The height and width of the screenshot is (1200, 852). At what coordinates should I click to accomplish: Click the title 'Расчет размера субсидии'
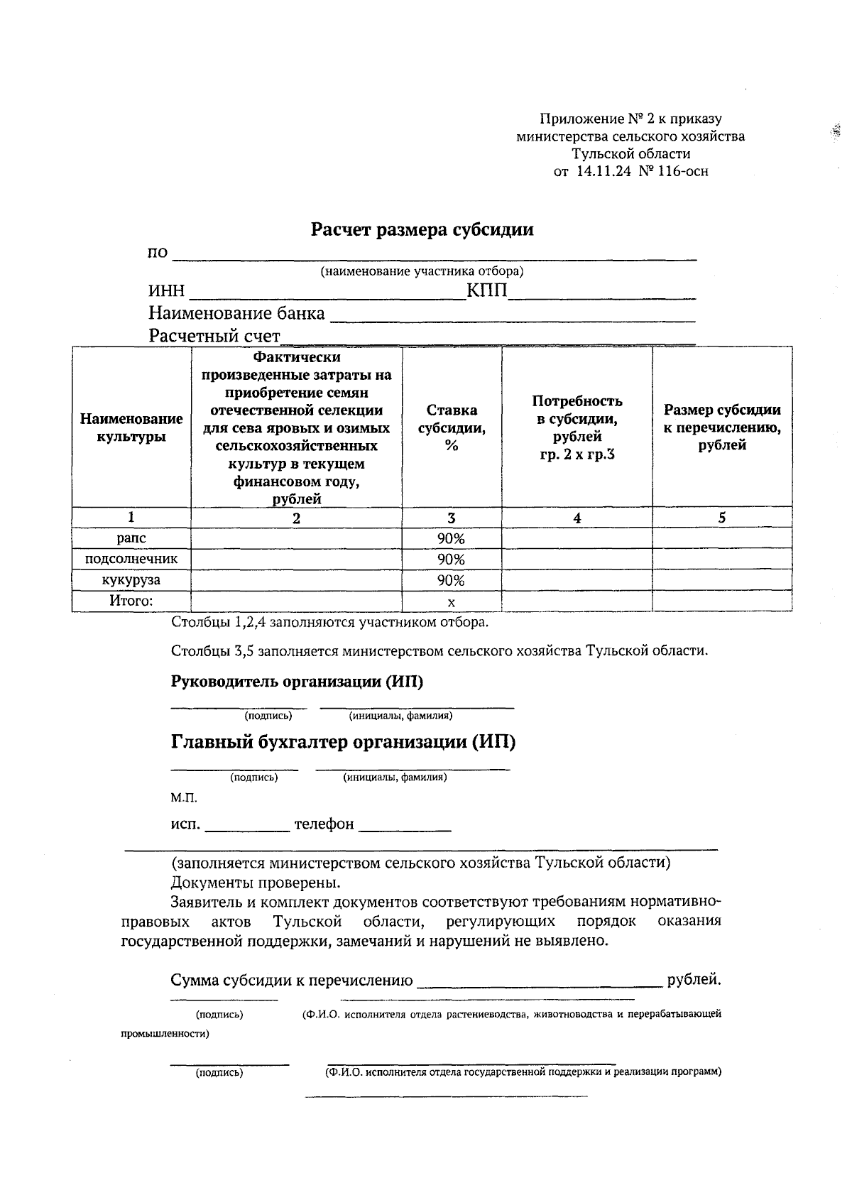coord(422,230)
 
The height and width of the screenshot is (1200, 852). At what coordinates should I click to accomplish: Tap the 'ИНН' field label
coord(166,292)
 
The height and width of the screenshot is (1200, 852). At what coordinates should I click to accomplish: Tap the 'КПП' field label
coord(486,292)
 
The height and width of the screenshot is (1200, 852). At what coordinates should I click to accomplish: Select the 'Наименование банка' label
coord(236,314)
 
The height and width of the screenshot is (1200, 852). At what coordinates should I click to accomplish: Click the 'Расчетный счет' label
coord(214,336)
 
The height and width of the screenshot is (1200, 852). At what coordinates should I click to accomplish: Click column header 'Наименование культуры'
coord(131,427)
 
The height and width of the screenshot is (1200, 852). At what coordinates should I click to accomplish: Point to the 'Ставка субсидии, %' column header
coord(452,427)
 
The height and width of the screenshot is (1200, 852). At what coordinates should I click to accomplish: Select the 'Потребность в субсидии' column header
coord(577,427)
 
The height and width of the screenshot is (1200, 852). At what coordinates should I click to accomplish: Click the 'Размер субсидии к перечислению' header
coord(721,427)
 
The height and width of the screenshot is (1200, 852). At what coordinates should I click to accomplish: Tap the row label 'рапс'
coord(131,539)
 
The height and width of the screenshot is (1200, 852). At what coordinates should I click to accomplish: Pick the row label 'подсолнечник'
coord(131,560)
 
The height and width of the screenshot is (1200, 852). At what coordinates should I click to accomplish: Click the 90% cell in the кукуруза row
coord(451,581)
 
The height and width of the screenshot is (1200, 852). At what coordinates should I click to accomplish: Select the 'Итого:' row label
coord(131,601)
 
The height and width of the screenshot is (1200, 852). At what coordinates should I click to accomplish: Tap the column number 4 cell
coord(577,518)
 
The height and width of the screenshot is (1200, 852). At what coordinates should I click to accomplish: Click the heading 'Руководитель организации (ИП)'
coord(297,682)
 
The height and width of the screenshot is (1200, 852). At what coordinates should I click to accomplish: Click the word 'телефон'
coord(324,824)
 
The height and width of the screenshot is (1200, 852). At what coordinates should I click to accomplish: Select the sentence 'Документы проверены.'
coord(256,883)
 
